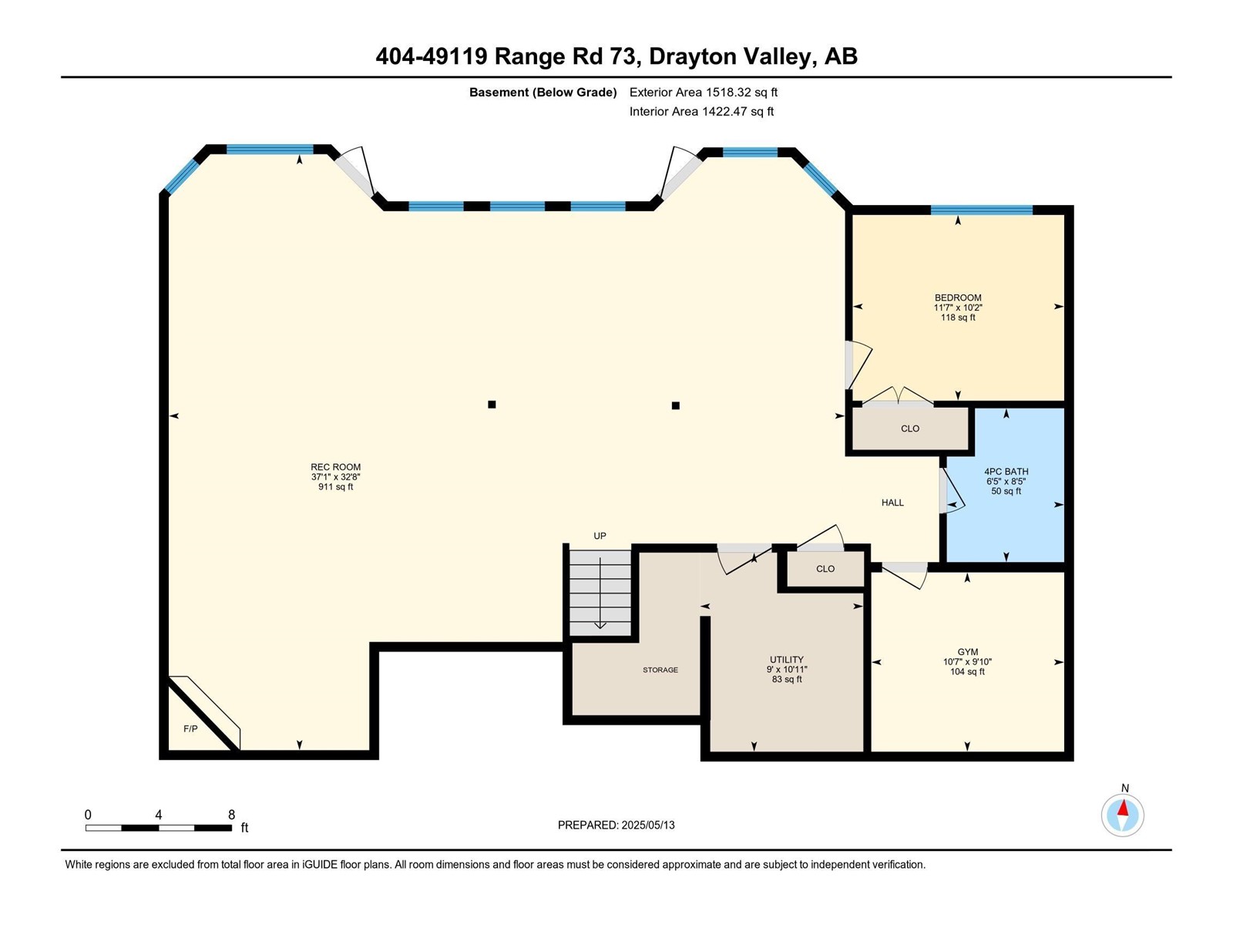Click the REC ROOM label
(x=335, y=466)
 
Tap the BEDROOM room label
(x=958, y=298)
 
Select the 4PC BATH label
(x=1006, y=472)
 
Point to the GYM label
(x=968, y=652)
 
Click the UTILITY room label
(x=787, y=659)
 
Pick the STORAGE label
(x=660, y=670)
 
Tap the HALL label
(x=892, y=503)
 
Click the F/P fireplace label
(x=190, y=729)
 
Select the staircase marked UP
(x=600, y=593)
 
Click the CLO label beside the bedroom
(x=910, y=429)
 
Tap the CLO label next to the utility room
(x=825, y=569)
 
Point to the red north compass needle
(x=1123, y=808)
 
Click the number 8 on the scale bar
(x=231, y=814)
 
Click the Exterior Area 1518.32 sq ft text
(x=704, y=92)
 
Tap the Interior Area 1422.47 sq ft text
(x=701, y=111)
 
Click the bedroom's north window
(x=981, y=210)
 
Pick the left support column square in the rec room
(x=492, y=405)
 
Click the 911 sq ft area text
(x=335, y=487)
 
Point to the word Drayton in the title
(x=692, y=57)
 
